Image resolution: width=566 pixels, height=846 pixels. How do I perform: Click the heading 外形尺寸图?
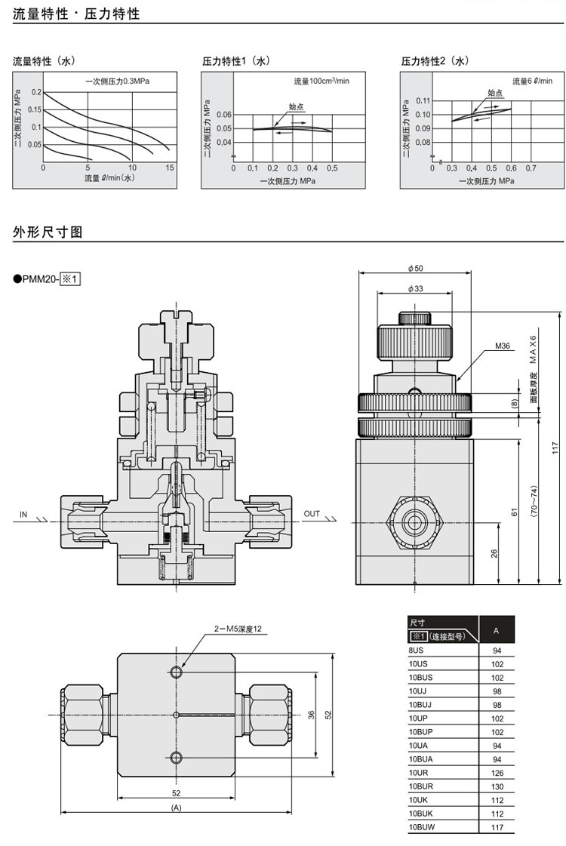48,232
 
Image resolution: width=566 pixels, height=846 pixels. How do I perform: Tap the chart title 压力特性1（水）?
235,61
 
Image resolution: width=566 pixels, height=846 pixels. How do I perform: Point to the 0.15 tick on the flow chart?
35,109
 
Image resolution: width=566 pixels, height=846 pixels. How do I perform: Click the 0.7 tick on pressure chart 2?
531,168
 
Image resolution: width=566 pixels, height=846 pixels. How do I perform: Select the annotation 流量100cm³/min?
321,81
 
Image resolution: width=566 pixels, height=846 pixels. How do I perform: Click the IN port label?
23,514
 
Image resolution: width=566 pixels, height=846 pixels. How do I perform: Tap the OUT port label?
312,514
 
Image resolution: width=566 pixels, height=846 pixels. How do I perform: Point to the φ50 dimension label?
415,269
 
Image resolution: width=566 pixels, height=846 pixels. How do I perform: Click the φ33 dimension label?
415,289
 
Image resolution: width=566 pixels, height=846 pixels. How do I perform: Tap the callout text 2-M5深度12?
238,629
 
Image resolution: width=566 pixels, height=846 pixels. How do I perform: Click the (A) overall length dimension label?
177,807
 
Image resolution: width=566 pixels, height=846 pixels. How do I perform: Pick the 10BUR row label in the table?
421,786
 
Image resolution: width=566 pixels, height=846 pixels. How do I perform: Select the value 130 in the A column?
497,786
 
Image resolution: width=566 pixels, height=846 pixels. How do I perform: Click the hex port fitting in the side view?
414,521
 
